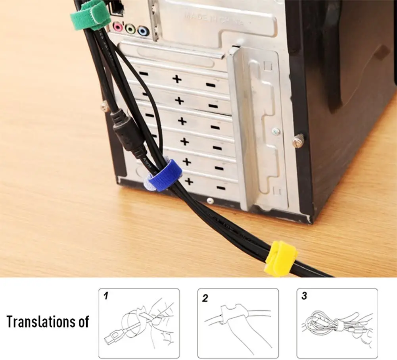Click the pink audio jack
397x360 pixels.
point(117,27)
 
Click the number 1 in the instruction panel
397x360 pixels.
point(106,296)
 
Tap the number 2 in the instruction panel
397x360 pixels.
point(205,298)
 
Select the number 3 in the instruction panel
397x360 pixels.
point(304,296)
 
